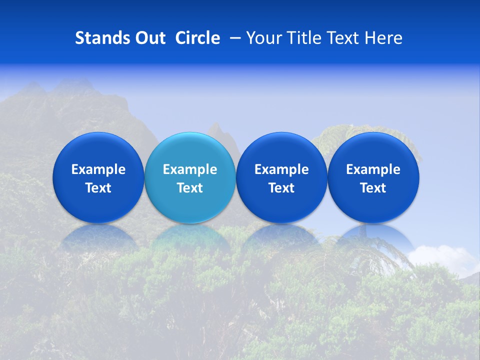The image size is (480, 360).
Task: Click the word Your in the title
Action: (x=263, y=38)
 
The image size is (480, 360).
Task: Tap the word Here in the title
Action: (x=383, y=38)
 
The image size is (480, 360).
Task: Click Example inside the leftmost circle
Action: (x=98, y=169)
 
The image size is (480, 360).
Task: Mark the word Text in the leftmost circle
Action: (x=98, y=188)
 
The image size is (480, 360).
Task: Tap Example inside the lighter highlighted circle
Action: (x=190, y=169)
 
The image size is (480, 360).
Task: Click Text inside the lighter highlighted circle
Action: (x=190, y=188)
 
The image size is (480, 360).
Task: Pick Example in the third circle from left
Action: (x=281, y=169)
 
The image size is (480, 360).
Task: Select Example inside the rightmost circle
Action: (x=373, y=169)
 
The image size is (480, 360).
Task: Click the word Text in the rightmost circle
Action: (x=373, y=188)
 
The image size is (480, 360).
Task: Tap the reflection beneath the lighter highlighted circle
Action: (x=190, y=237)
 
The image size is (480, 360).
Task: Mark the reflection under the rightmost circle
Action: (x=373, y=237)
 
